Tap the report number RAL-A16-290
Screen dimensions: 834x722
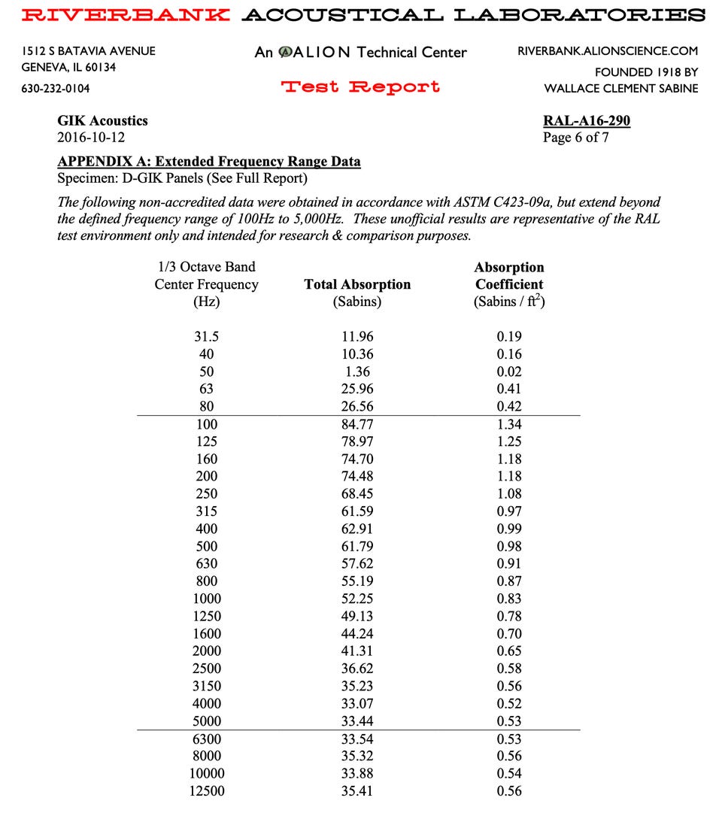pos(586,120)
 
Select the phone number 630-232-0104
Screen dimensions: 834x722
pos(55,89)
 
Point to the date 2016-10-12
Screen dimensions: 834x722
pos(91,138)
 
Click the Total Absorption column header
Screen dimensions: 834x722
pos(357,284)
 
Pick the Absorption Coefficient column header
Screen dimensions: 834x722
pos(508,276)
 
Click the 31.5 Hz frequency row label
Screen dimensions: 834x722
pos(207,337)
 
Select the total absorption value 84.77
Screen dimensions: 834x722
pos(357,424)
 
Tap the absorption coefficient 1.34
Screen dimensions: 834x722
pos(509,424)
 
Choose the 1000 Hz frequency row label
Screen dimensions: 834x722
pos(207,599)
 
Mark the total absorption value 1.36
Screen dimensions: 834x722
pos(357,372)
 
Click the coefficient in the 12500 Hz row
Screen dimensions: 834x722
pos(509,790)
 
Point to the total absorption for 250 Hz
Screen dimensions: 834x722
pos(357,494)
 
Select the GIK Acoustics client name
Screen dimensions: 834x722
pos(102,120)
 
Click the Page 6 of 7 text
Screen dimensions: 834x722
pos(575,138)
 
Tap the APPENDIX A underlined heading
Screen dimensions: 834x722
pos(209,162)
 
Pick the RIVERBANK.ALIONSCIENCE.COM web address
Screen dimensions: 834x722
pos(608,51)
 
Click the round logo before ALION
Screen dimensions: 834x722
pos(286,52)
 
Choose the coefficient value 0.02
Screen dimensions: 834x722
pos(509,372)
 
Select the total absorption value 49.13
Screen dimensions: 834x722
pos(357,616)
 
